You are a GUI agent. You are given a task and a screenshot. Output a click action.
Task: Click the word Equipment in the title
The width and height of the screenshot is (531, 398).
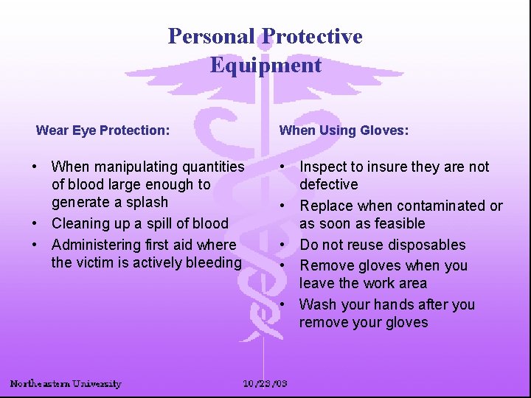(x=265, y=65)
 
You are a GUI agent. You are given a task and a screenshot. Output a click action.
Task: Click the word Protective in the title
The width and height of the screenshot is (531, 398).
(x=313, y=36)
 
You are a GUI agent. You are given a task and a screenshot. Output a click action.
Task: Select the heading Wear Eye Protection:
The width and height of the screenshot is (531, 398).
(x=103, y=130)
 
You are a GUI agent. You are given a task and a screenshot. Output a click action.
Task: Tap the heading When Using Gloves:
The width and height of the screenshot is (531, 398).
(x=344, y=130)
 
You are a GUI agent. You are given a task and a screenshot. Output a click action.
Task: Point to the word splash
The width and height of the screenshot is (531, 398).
(x=146, y=202)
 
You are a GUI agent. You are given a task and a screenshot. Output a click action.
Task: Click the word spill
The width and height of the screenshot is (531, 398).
(x=159, y=223)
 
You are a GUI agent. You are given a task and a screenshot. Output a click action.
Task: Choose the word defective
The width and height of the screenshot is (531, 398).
(x=328, y=184)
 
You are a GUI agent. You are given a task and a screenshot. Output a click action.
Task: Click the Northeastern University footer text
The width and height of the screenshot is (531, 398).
(x=66, y=383)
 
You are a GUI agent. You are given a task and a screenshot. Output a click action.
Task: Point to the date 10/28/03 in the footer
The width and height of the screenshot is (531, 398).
(x=265, y=383)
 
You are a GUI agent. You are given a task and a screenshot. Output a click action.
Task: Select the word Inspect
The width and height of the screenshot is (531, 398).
(x=323, y=167)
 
